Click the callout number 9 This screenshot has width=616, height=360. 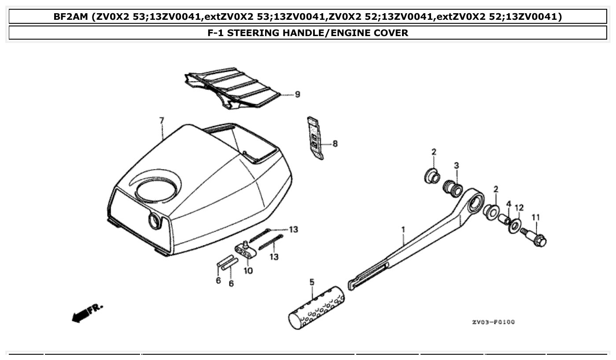point(297,94)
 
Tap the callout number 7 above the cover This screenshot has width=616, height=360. point(161,120)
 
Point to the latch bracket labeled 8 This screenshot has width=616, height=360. point(315,137)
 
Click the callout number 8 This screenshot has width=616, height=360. point(335,143)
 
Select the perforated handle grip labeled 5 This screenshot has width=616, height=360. point(317,308)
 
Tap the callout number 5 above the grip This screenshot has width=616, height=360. point(312,282)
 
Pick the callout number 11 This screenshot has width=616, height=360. point(535,217)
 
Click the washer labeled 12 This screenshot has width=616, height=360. point(514,226)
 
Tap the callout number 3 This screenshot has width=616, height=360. point(457,165)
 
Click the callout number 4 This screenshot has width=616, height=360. point(509,204)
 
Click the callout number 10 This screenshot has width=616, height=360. point(248,271)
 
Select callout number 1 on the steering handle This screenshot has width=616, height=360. point(402,229)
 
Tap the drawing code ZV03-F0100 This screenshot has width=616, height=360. point(493,322)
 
